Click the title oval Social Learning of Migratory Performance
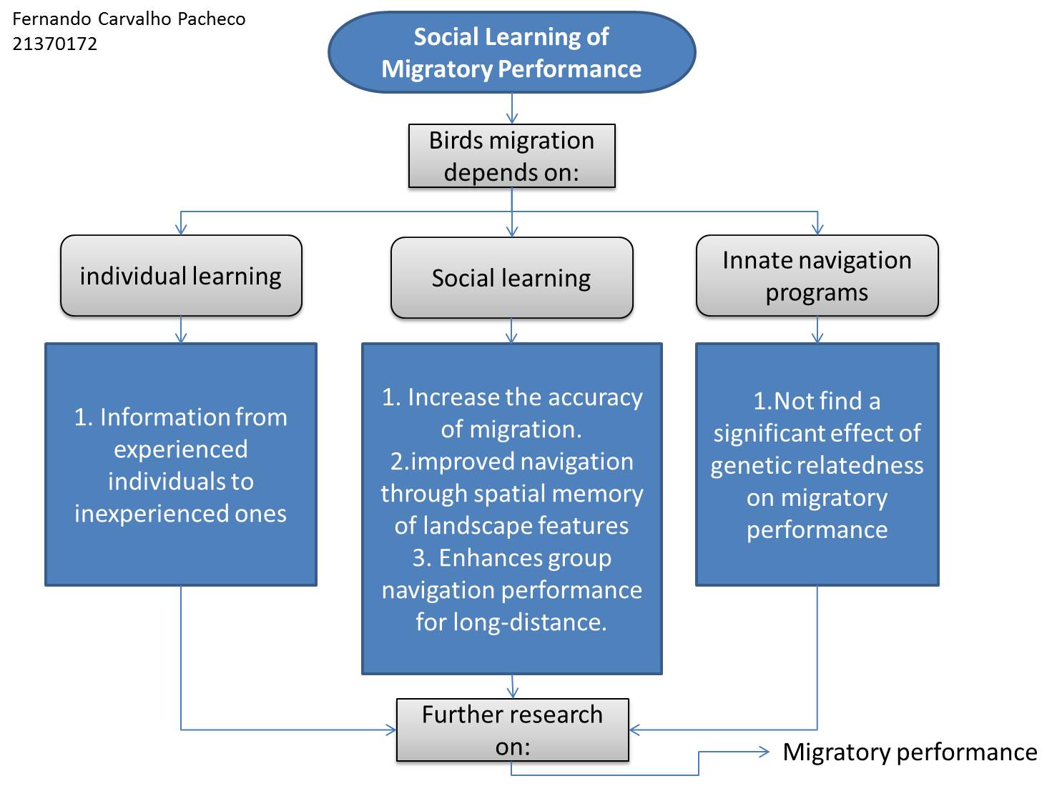pos(511,52)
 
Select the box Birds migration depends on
pos(511,156)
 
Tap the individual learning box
pos(181,276)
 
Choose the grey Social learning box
pos(511,277)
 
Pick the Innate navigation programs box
pos(817,276)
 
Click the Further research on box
pos(512,730)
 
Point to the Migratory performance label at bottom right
pos(910,752)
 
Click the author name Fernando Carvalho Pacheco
pos(129,19)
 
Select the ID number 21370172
pos(54,44)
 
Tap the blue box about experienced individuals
pos(181,464)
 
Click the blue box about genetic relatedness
pos(817,464)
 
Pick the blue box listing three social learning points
pos(511,509)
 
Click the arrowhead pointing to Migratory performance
pos(764,752)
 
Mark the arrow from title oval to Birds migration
pos(512,109)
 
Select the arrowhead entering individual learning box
pos(181,229)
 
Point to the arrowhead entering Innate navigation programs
pos(817,229)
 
